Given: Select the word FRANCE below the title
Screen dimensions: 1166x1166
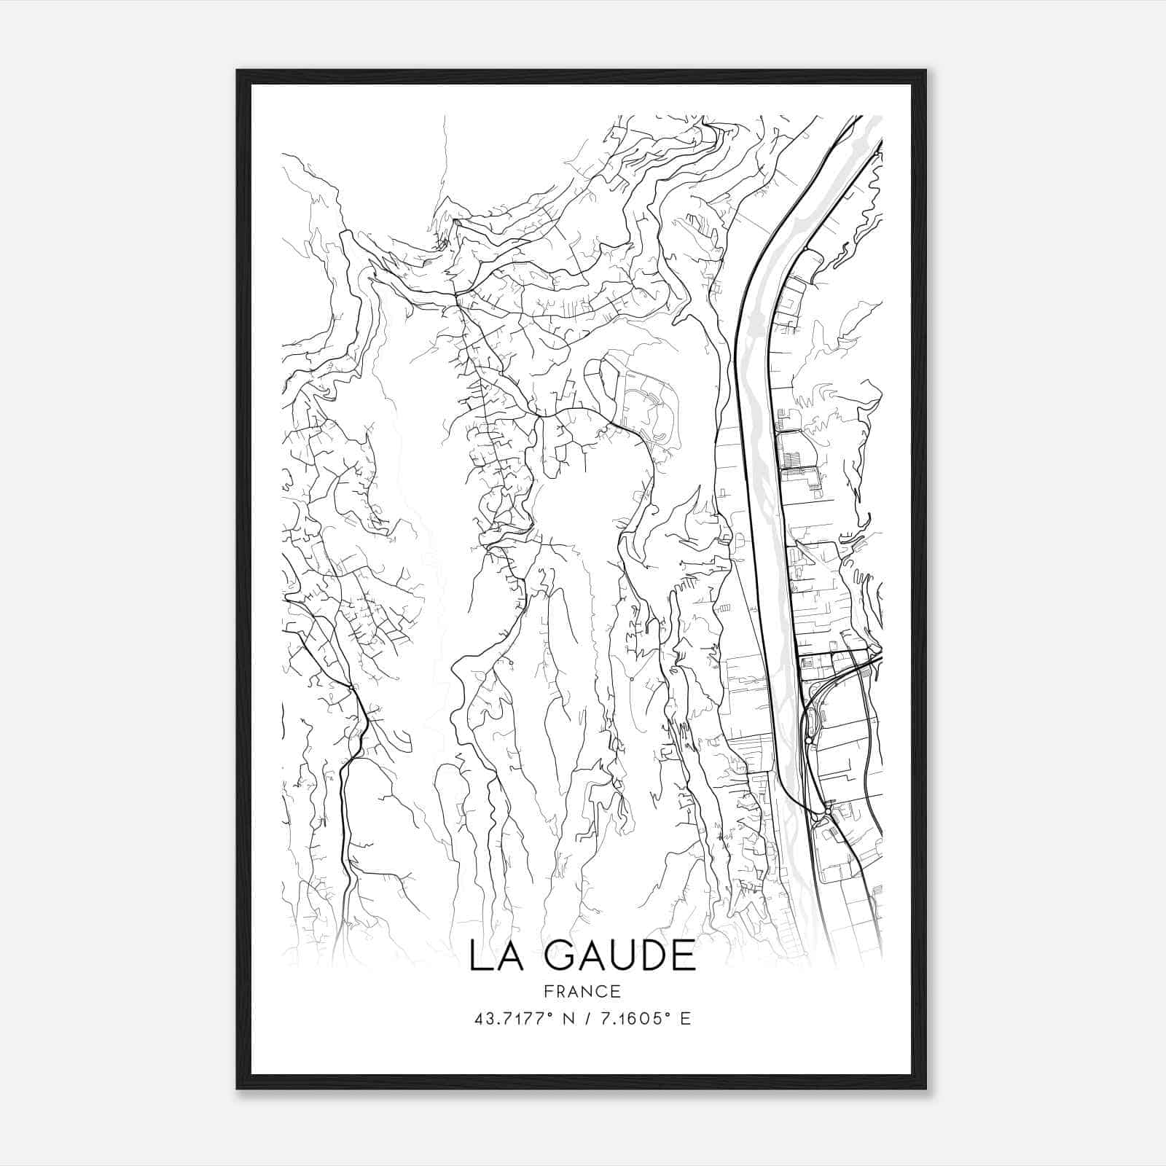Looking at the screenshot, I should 581,991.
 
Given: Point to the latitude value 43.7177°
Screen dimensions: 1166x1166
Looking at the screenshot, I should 517,1018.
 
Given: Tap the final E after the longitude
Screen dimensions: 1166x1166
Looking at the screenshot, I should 684,1018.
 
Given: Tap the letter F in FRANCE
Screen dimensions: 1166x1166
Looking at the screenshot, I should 548,991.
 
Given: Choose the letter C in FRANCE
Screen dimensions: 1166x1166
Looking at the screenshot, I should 600,991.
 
